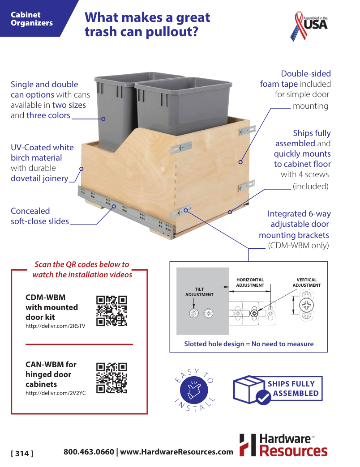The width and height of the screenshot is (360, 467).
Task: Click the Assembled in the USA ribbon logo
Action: tap(309, 25)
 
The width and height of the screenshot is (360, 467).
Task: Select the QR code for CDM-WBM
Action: tap(112, 311)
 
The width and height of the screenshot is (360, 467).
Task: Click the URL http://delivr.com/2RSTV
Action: tap(55, 326)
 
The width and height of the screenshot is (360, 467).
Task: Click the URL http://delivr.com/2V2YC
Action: tap(56, 393)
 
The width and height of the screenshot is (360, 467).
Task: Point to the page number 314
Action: tap(22, 453)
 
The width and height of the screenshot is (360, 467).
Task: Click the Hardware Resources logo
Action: tap(283, 445)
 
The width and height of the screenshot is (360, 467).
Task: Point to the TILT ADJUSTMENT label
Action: tap(199, 292)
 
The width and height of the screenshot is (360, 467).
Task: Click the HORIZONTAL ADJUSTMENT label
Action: tap(250, 283)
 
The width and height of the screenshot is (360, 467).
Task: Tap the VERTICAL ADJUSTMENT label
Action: tap(306, 283)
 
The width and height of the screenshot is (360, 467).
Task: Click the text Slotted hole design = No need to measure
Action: tap(249, 344)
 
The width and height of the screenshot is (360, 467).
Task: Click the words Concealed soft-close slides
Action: tap(39, 216)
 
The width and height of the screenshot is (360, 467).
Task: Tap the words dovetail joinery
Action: tap(39, 178)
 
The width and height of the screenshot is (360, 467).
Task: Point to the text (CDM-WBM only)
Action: tap(298, 246)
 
